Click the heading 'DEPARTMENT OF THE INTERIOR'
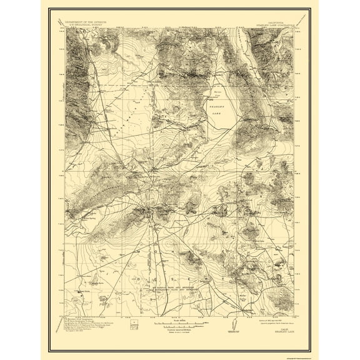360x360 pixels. pos(88,21)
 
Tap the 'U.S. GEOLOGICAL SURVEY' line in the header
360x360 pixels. pos(88,25)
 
